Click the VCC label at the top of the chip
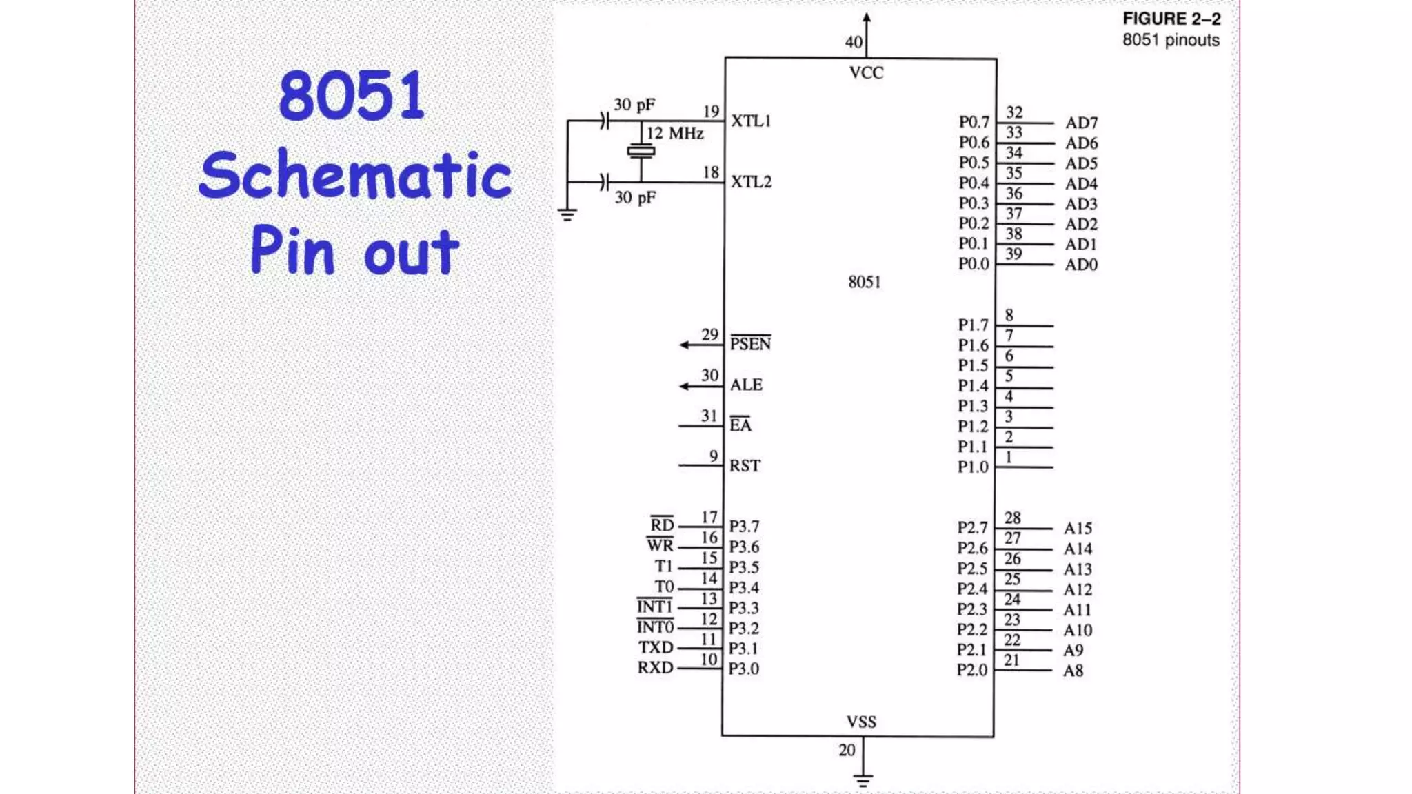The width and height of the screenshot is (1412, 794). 866,73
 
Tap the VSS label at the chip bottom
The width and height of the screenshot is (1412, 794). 861,722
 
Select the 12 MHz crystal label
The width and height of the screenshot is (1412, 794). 675,133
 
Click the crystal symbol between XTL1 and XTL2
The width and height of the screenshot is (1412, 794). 641,151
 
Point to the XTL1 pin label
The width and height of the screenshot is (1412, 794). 751,121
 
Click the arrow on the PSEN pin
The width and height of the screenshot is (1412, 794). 685,345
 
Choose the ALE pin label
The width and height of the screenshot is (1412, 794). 746,385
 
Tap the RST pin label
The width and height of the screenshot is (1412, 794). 745,466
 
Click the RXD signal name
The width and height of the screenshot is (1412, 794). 655,668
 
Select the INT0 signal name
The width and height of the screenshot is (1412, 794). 654,627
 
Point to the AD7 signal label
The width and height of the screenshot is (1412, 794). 1081,123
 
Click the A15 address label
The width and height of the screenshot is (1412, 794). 1078,529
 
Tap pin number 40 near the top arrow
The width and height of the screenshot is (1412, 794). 854,43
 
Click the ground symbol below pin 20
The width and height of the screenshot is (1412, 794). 863,780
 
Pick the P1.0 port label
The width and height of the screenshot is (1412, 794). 973,467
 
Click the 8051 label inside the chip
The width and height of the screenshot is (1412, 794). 865,282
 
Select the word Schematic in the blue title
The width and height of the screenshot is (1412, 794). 355,175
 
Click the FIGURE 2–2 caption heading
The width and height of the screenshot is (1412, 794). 1171,19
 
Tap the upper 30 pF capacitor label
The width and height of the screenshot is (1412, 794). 634,105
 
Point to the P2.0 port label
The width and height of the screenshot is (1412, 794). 972,670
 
